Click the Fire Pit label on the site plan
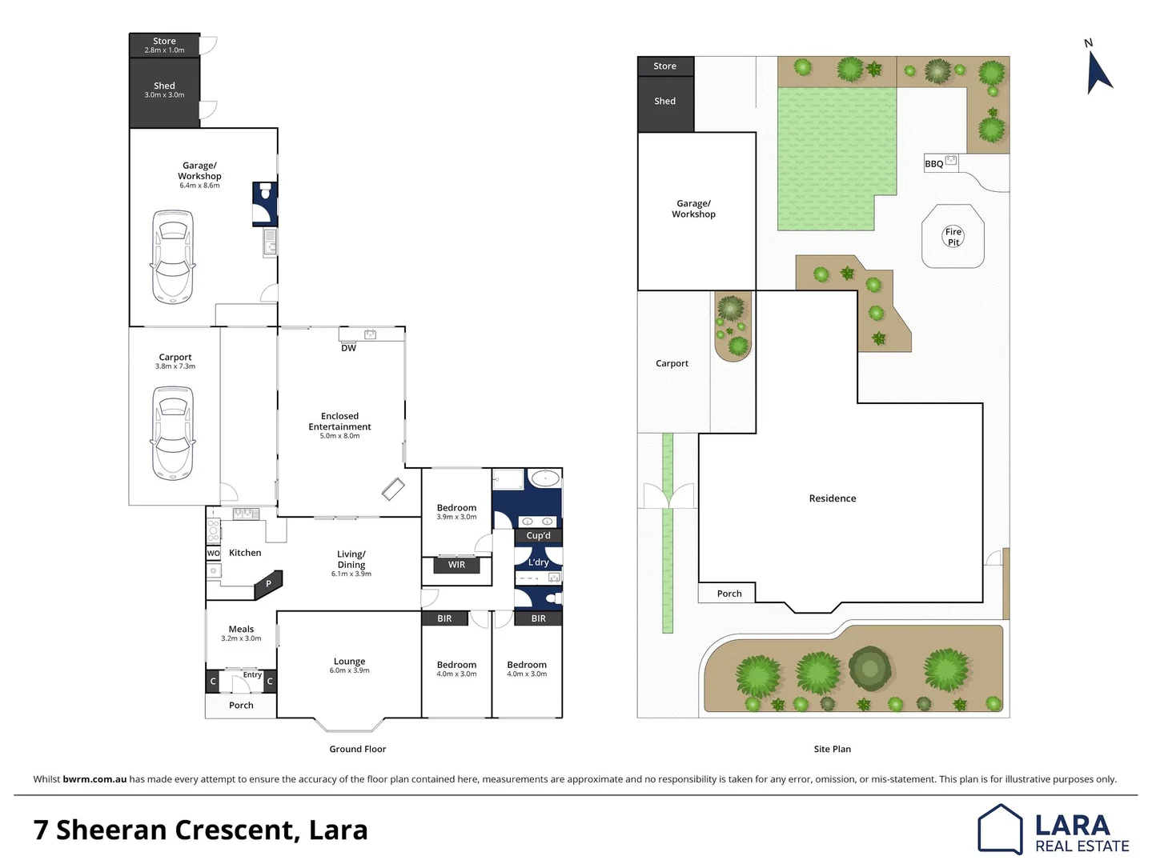[x=953, y=237]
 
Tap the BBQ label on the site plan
[x=933, y=164]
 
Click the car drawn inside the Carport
[x=173, y=433]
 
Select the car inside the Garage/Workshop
[x=173, y=254]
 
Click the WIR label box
[x=456, y=565]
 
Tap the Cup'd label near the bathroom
[x=538, y=536]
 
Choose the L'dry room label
[x=538, y=562]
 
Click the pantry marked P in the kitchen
[x=268, y=584]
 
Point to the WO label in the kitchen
[x=213, y=553]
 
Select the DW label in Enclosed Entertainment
[x=348, y=348]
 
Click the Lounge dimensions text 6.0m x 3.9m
[x=349, y=670]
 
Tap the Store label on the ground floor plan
[x=164, y=41]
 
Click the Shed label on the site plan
[x=664, y=101]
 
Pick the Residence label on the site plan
[x=832, y=498]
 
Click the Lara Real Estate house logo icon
[x=1000, y=829]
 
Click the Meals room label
[x=241, y=630]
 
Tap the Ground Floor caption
[x=357, y=749]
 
